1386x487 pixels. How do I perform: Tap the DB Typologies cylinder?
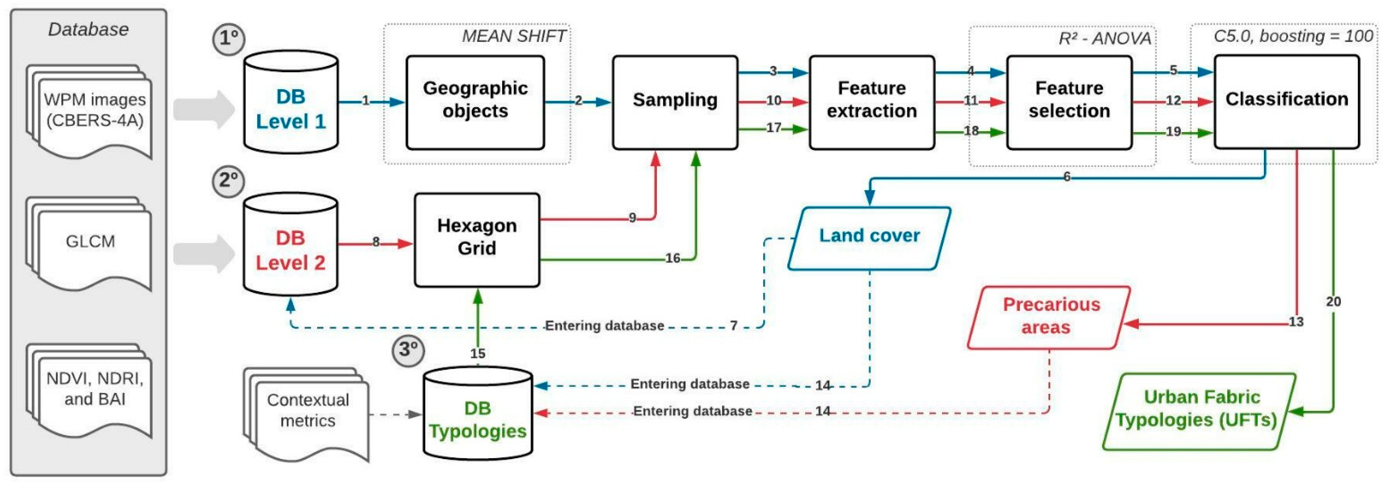pos(478,414)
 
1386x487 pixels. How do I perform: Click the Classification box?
pos(1287,101)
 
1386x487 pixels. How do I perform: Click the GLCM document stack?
pos(90,243)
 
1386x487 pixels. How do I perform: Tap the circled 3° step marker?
pos(408,350)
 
